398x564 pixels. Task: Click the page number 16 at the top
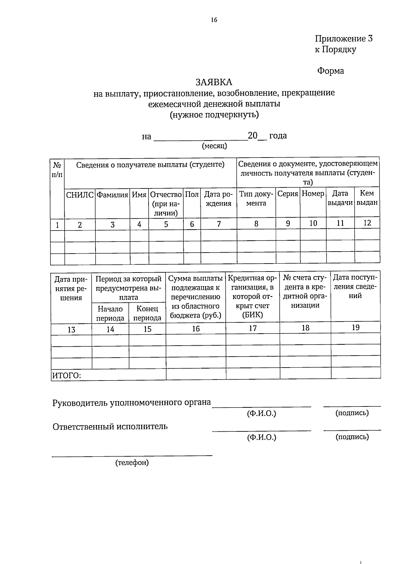[214, 20]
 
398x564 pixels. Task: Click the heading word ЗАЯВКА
[214, 82]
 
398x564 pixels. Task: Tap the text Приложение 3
[344, 39]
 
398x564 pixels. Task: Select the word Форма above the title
[330, 71]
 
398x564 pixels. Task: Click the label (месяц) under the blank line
[215, 146]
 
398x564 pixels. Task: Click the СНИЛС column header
[80, 195]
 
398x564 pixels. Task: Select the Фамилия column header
[112, 195]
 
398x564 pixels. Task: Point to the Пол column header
[192, 194]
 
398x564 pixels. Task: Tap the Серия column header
[288, 194]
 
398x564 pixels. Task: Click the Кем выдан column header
[367, 198]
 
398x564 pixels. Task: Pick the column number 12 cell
[367, 223]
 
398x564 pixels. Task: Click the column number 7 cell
[219, 224]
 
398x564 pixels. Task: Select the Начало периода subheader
[110, 313]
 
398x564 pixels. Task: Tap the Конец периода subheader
[147, 313]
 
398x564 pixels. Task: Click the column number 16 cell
[196, 329]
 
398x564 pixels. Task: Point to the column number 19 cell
[355, 327]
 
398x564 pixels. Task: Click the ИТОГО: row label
[66, 376]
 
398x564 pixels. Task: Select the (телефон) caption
[132, 462]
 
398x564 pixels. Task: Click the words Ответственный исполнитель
[110, 426]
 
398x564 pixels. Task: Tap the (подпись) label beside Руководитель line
[352, 413]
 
